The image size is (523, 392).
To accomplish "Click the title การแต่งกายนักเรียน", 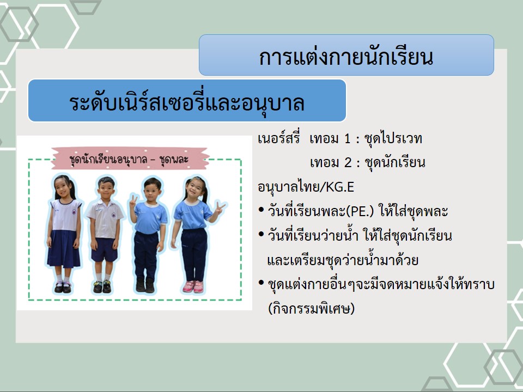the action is [x=346, y=57].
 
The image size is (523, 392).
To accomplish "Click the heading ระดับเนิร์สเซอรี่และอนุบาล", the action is [x=187, y=102].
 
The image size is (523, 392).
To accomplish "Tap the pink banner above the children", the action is [x=130, y=158].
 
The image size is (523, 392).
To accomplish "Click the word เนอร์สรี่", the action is [x=279, y=138].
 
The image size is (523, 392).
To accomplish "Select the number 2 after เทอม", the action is [x=348, y=163].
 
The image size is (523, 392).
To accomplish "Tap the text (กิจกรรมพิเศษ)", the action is [x=311, y=308].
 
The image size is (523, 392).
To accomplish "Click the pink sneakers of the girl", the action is [x=193, y=287].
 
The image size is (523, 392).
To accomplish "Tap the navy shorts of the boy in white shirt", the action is [x=105, y=250].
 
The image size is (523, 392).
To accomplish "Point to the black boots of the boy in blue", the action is [x=145, y=285].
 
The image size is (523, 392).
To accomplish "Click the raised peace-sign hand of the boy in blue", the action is [x=133, y=201].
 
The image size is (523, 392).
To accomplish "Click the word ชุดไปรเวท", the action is [x=393, y=138].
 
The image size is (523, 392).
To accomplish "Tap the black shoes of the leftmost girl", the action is [x=63, y=287].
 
